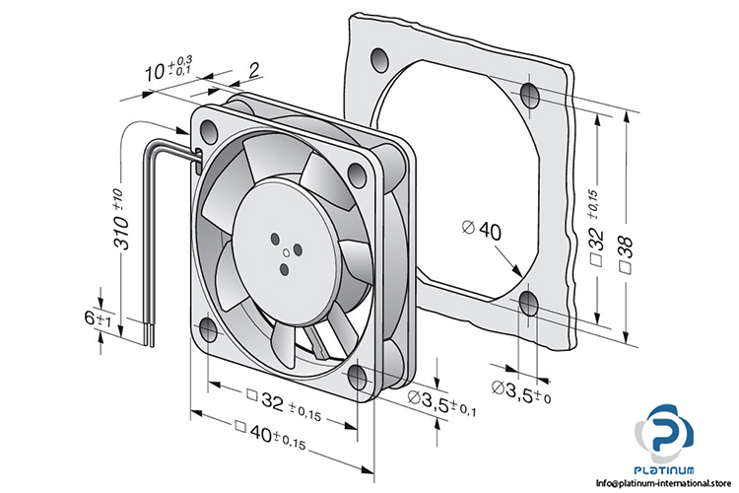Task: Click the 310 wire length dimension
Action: point(120,226)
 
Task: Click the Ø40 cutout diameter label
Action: point(482,230)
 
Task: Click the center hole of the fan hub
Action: point(286,252)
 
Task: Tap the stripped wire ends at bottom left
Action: point(151,334)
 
